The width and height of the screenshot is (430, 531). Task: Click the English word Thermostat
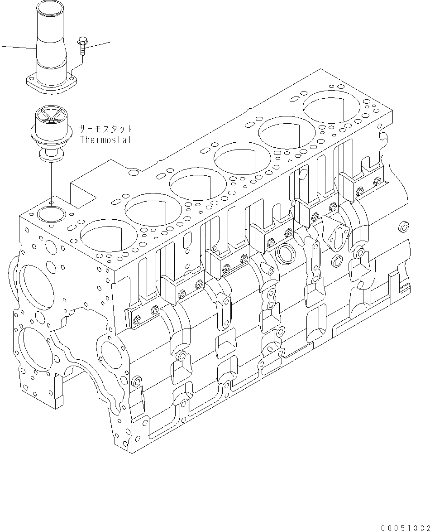click(105, 139)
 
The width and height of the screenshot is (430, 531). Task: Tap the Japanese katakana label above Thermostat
click(105, 128)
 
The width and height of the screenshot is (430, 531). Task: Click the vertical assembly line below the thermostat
click(51, 181)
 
